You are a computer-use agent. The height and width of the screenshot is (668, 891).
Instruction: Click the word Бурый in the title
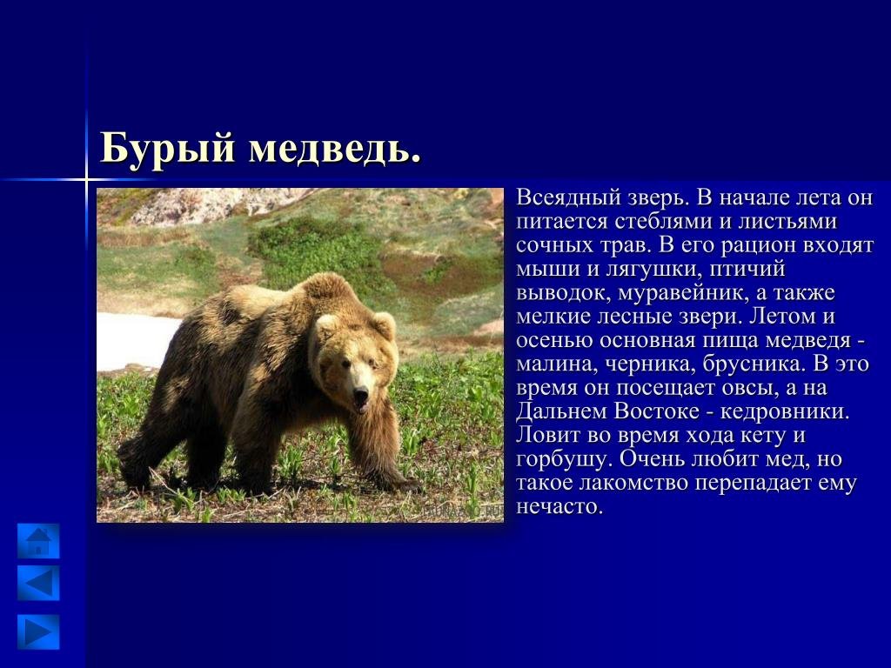click(168, 149)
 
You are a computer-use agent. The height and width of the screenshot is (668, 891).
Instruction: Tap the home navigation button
click(38, 541)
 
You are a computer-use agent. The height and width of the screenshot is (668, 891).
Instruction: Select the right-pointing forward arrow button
click(38, 631)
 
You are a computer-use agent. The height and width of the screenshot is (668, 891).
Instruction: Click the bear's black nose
click(360, 392)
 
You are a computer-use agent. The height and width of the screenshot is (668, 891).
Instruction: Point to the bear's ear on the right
click(384, 325)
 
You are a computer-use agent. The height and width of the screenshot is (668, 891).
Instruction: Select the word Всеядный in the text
click(568, 198)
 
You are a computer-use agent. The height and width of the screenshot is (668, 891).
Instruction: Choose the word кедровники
click(785, 411)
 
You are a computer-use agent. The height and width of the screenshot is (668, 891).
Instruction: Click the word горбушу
click(563, 459)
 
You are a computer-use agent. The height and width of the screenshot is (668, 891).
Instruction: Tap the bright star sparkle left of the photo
click(86, 180)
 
